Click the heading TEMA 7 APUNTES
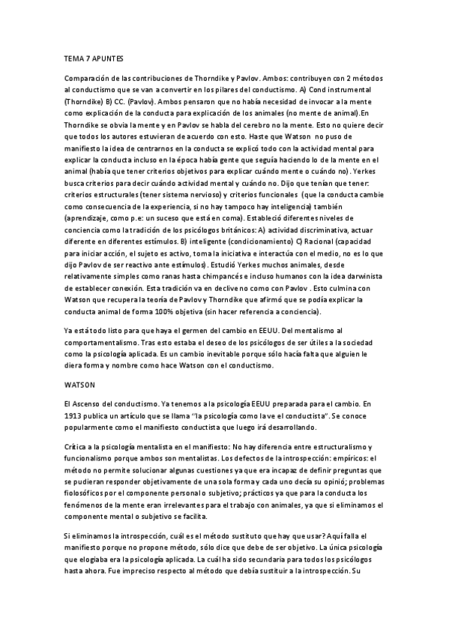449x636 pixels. tap(94, 57)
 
